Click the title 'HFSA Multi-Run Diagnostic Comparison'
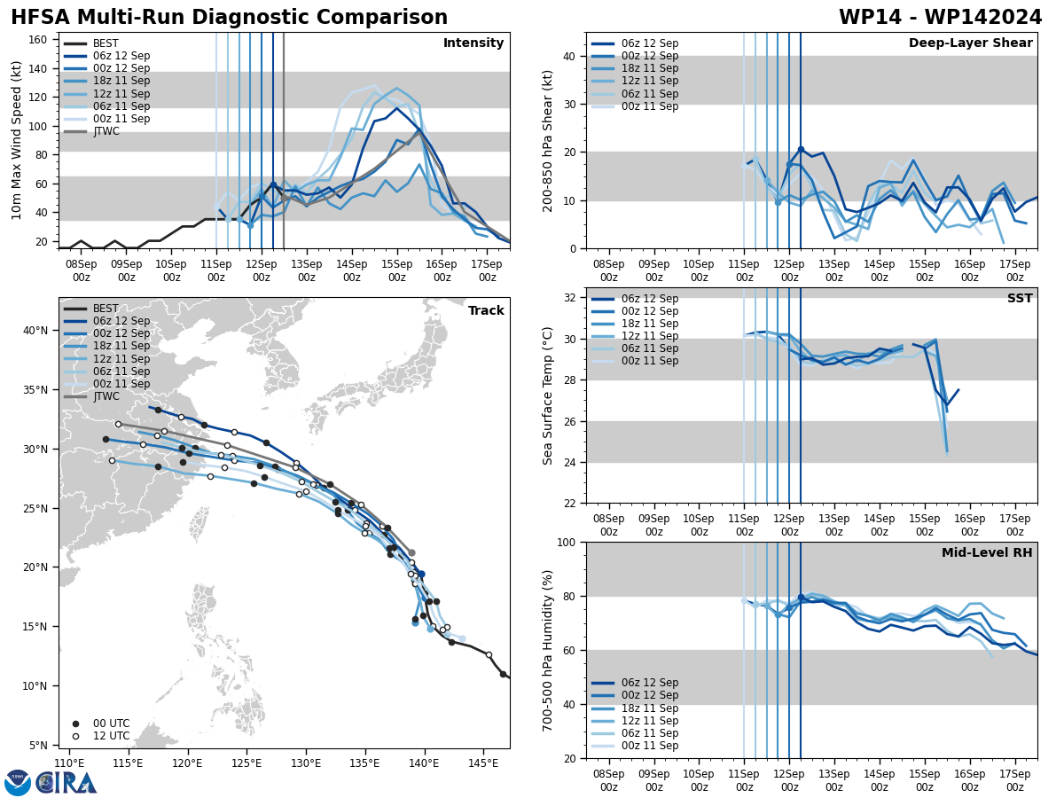[229, 18]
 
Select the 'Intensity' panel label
[473, 43]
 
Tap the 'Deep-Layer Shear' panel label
[970, 43]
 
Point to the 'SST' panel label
[1019, 299]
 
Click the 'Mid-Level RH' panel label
[987, 553]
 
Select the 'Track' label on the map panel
[486, 311]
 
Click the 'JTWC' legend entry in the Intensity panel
[106, 132]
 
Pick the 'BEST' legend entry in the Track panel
[106, 309]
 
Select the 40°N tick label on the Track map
[35, 331]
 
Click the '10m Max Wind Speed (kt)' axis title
[16, 140]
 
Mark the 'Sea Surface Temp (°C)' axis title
[548, 395]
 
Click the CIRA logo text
[66, 783]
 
